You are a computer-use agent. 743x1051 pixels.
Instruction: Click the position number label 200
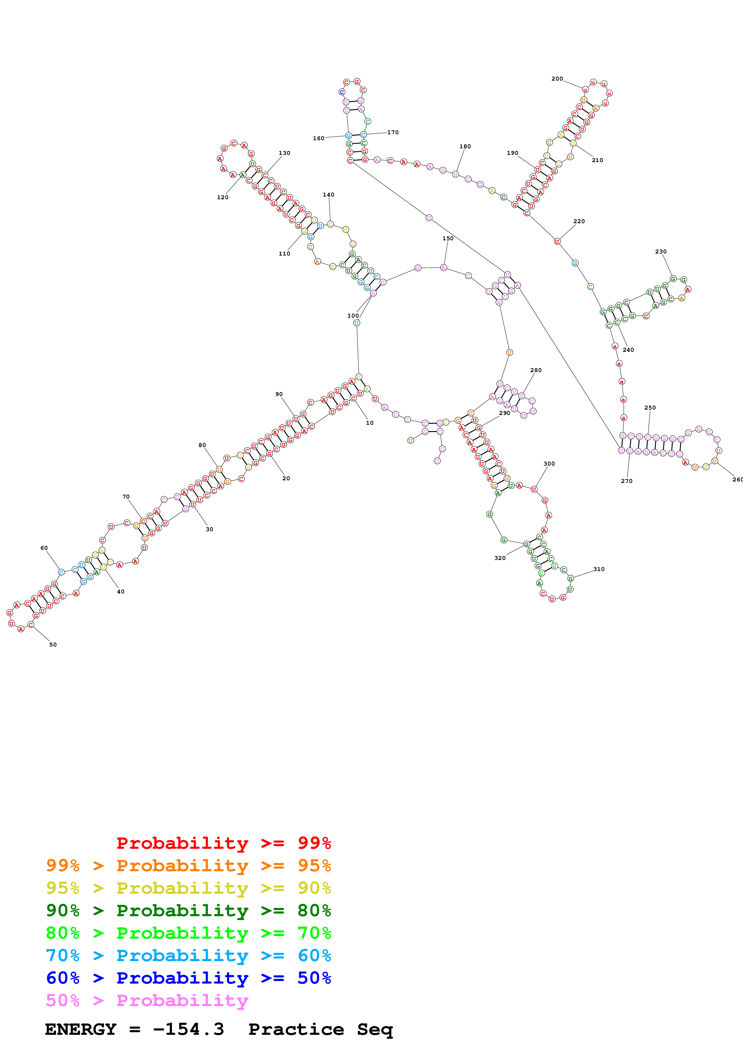(x=557, y=79)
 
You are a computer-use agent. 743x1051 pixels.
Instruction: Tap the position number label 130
(x=284, y=153)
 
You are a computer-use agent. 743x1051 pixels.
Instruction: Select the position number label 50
(x=53, y=644)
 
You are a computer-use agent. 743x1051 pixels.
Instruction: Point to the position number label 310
(x=599, y=569)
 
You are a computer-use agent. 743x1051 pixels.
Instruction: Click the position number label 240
(x=628, y=350)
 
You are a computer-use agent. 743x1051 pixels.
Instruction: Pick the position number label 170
(x=393, y=132)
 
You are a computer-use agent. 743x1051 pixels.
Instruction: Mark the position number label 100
(x=353, y=315)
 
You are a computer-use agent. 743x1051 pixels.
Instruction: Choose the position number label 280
(x=536, y=370)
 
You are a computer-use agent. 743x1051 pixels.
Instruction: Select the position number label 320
(x=500, y=558)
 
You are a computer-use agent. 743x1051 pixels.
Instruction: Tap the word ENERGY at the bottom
(x=81, y=1029)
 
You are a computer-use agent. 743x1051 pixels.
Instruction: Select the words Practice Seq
(x=320, y=1029)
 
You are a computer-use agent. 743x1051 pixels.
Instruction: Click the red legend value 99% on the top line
(x=314, y=843)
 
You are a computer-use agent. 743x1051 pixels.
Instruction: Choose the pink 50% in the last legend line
(x=63, y=1000)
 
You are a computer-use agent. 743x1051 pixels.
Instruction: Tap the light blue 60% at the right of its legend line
(x=314, y=955)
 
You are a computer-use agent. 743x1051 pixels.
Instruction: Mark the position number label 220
(x=579, y=221)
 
